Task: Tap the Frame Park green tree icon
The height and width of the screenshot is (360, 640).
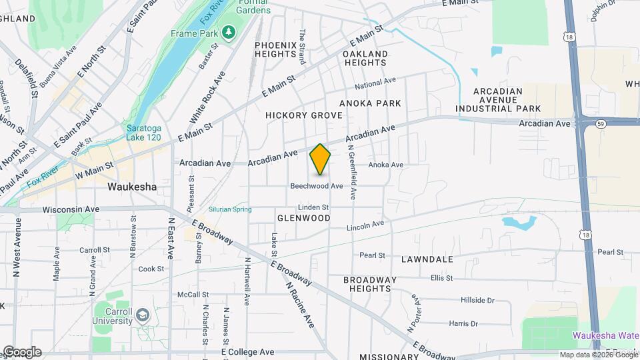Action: coord(229,32)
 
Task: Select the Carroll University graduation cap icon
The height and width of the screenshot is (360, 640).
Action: coord(142,314)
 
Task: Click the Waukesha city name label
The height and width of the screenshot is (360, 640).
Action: coord(132,187)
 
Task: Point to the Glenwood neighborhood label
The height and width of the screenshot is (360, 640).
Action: coord(304,218)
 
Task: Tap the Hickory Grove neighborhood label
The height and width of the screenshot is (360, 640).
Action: coord(304,115)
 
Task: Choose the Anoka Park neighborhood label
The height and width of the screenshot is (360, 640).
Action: coord(370,103)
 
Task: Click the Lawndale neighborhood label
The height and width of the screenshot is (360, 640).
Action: coord(427,259)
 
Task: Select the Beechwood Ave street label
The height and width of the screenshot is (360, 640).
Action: coord(316,186)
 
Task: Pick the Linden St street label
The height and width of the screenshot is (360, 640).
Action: coord(314,207)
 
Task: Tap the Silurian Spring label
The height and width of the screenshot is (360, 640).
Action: coord(230,209)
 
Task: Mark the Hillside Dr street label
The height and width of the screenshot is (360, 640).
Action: coord(477,301)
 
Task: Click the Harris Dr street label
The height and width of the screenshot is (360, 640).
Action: coord(463,324)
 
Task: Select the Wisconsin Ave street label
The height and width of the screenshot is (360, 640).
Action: coord(71,209)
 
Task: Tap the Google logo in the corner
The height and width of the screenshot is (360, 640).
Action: coord(21,352)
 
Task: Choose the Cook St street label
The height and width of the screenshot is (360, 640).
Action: coord(151,269)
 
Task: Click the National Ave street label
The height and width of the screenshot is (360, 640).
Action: coord(375,83)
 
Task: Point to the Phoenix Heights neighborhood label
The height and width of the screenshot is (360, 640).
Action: coord(275,49)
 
